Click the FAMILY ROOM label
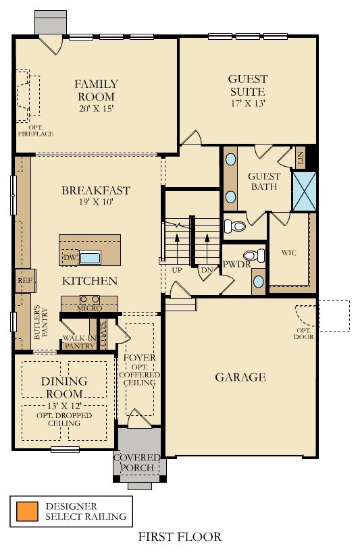[x=96, y=90]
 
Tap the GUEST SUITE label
[x=247, y=85]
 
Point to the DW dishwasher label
[x=69, y=257]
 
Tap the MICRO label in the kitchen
[x=90, y=309]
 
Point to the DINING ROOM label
[x=64, y=388]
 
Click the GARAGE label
[x=240, y=377]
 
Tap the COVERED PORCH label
[x=137, y=462]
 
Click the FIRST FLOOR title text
[x=180, y=537]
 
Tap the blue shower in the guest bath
[x=304, y=192]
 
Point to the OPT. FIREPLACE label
[x=41, y=130]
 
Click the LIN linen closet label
[x=301, y=159]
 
